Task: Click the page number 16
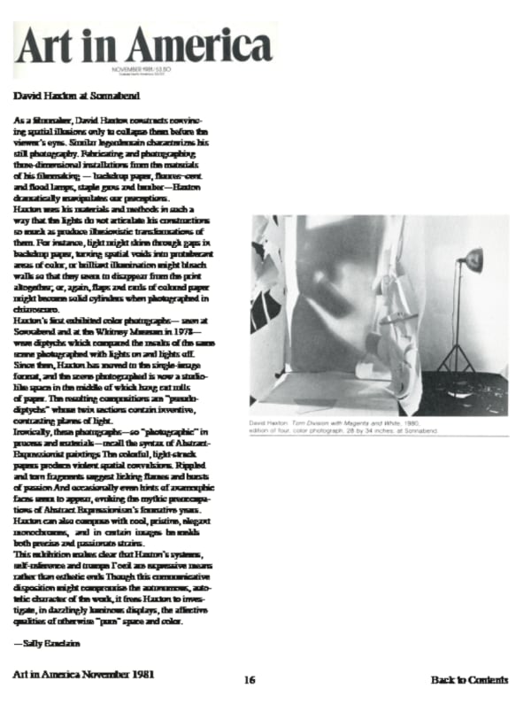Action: (x=250, y=680)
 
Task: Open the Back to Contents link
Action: (x=470, y=680)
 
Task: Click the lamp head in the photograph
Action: (x=473, y=260)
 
